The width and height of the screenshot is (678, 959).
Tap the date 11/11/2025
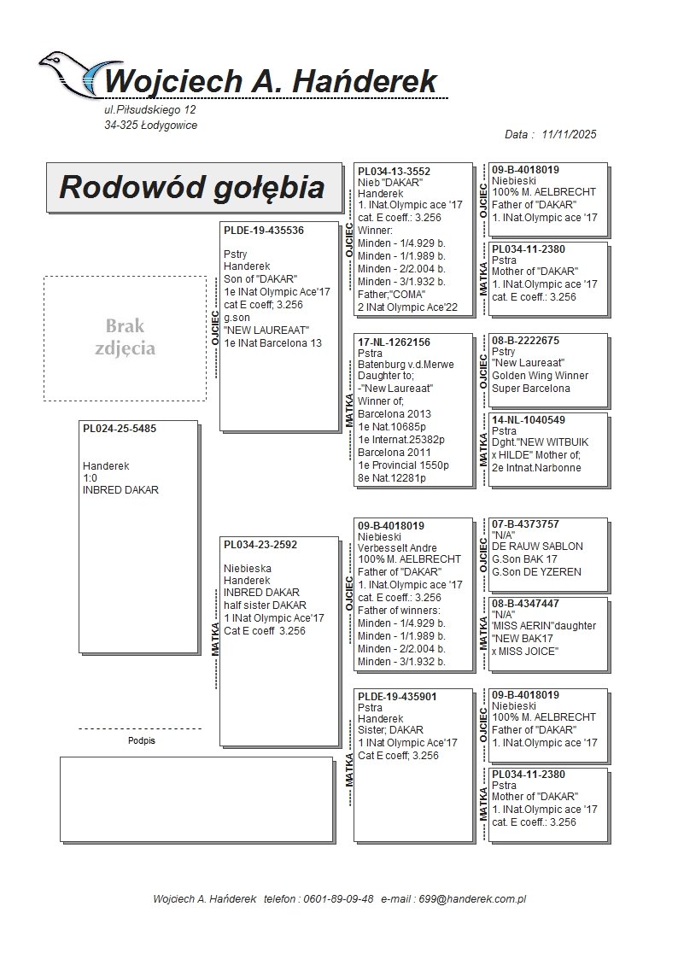(569, 134)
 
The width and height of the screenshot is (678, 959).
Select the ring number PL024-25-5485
(120, 429)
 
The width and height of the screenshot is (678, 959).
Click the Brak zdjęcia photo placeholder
(125, 337)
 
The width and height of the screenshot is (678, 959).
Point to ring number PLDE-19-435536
(264, 231)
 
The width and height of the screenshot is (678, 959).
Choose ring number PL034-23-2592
(260, 544)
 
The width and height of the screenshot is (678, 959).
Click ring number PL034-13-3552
(394, 171)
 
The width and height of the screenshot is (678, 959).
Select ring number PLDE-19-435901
(397, 697)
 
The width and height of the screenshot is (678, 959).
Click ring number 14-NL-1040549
(529, 420)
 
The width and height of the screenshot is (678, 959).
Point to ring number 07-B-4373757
(526, 524)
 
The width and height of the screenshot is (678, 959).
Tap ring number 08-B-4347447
(526, 604)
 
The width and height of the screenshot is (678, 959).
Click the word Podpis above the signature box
(142, 740)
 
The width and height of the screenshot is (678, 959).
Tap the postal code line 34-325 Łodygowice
(150, 125)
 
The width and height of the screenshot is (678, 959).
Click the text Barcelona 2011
(395, 453)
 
